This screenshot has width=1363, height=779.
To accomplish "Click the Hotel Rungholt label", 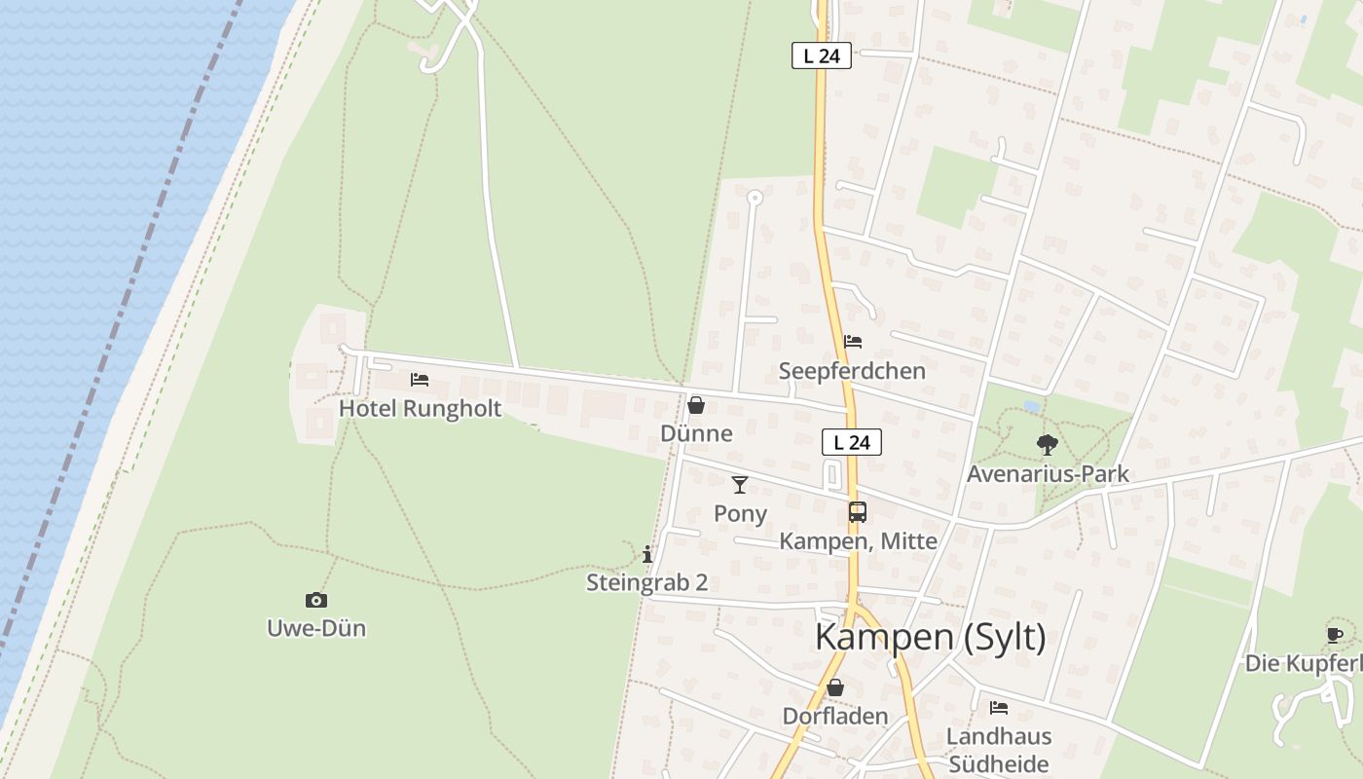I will click(x=420, y=408).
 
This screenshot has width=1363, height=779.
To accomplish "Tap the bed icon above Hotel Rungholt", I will click(x=420, y=379).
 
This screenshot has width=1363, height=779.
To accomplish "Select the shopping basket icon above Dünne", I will click(x=696, y=405).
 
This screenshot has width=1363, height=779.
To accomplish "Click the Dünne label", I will click(x=696, y=433).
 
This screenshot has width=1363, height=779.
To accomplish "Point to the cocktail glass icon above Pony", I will click(x=740, y=484).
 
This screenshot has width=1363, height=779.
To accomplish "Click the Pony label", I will click(x=740, y=513).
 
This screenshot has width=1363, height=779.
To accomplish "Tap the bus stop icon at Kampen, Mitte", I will click(x=858, y=512).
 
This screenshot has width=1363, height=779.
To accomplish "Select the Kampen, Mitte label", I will click(x=858, y=541).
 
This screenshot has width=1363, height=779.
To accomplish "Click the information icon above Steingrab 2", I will click(x=647, y=554).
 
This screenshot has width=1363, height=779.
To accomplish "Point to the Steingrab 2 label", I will click(x=646, y=583).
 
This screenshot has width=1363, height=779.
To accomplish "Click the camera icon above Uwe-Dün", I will click(x=316, y=600).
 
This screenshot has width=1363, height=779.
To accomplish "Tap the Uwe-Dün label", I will click(x=316, y=628).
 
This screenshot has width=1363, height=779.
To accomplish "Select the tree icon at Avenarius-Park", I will click(x=1048, y=445).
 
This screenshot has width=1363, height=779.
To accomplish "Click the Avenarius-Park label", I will click(x=1048, y=474).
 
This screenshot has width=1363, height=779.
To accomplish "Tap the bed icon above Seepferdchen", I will click(x=853, y=342).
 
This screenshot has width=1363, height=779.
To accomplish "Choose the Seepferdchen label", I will click(x=852, y=371).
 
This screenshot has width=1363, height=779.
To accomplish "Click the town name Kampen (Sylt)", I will click(x=930, y=637).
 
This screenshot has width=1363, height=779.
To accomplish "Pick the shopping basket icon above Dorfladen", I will click(x=835, y=687).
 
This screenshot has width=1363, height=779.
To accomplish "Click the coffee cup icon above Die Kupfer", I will click(x=1335, y=635).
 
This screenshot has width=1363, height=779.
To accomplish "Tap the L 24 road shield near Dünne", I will click(x=852, y=442).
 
